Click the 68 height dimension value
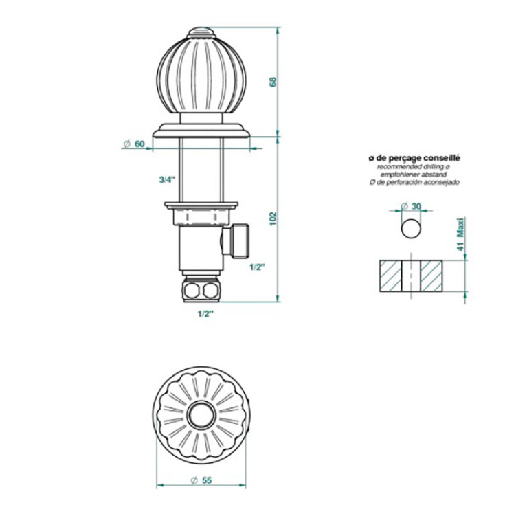coord(273,82)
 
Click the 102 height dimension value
coord(273,218)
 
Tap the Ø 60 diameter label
coord(134,144)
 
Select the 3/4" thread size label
coord(168,180)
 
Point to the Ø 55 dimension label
coord(201,480)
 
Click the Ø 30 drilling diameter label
coord(411,206)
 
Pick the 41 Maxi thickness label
coord(460,234)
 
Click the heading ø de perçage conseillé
coord(414,158)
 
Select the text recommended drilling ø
coord(414,167)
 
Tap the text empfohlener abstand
coord(414,175)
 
